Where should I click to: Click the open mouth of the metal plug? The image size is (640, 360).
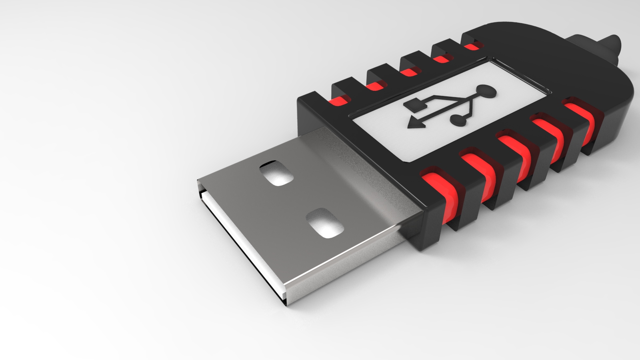tap(240, 240)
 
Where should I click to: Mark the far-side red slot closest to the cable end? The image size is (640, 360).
tap(472, 47)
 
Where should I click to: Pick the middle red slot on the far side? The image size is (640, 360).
tap(409, 72)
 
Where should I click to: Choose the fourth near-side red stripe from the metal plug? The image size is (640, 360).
tap(548, 136)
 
